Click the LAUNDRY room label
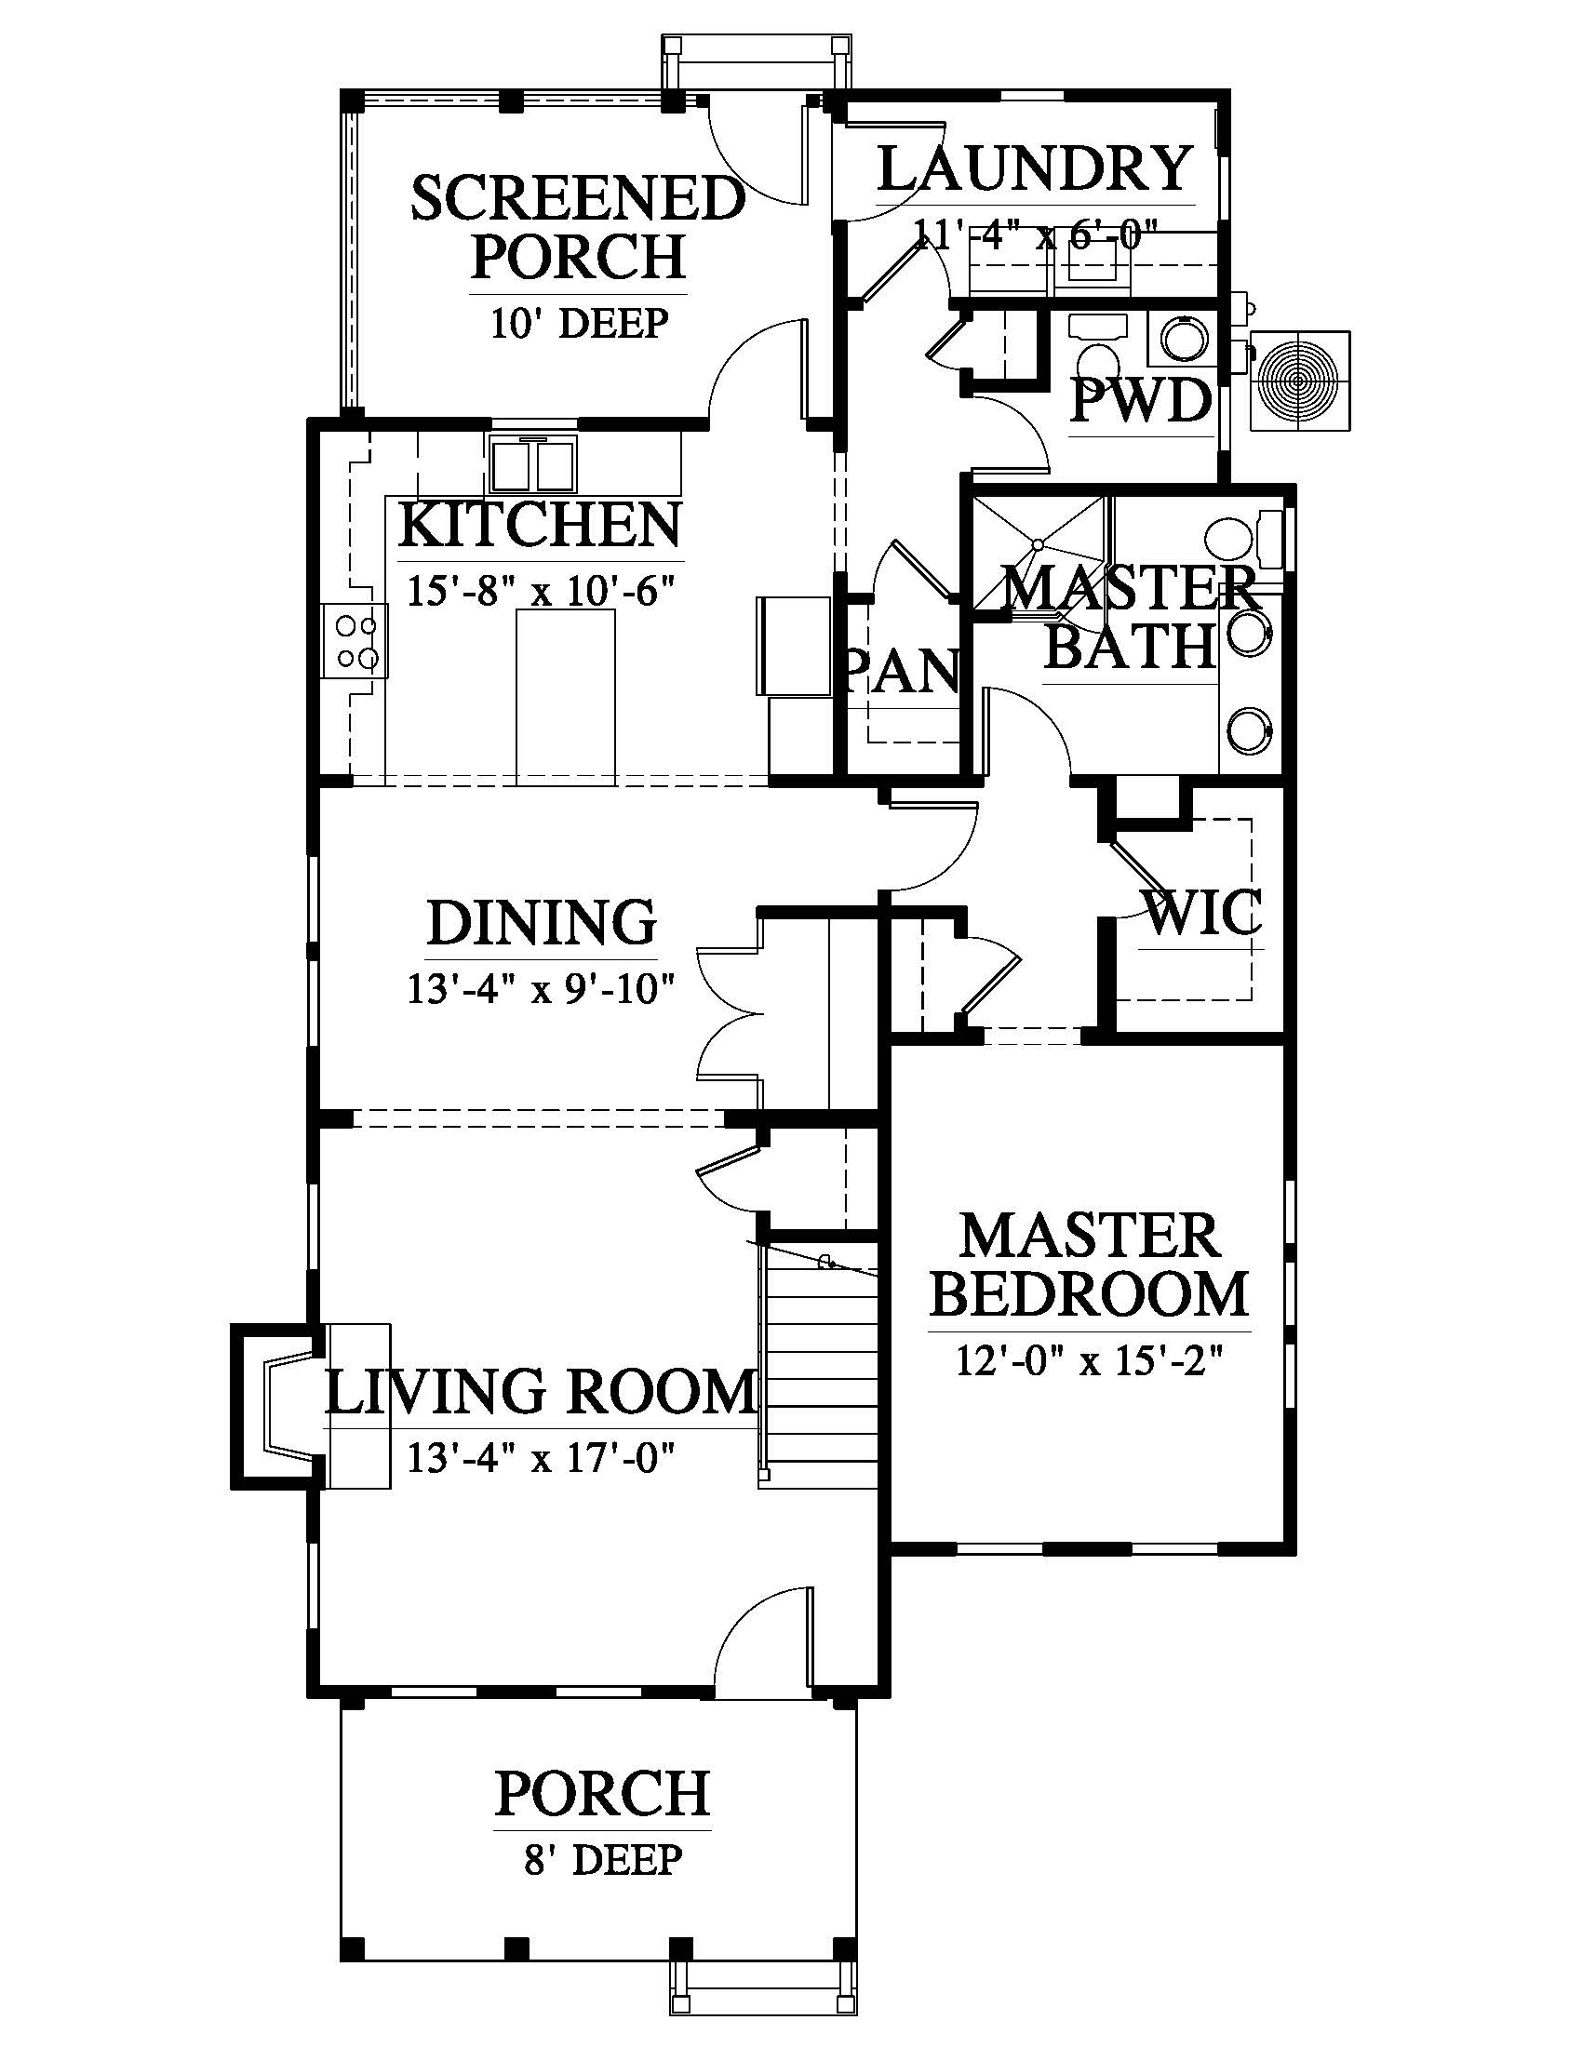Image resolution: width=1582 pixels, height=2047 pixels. [x=1035, y=168]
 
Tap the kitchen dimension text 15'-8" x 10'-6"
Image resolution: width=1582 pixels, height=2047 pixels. [x=542, y=591]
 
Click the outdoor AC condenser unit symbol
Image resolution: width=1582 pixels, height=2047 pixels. [x=1300, y=381]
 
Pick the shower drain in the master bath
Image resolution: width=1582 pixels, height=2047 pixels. [x=1038, y=543]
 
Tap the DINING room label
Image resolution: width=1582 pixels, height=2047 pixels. [x=542, y=922]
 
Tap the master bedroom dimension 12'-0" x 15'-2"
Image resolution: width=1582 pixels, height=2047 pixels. [x=1090, y=1359]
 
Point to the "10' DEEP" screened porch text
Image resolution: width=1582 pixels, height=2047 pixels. [x=579, y=324]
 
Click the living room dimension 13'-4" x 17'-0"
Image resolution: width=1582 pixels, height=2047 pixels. [x=542, y=1457]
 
